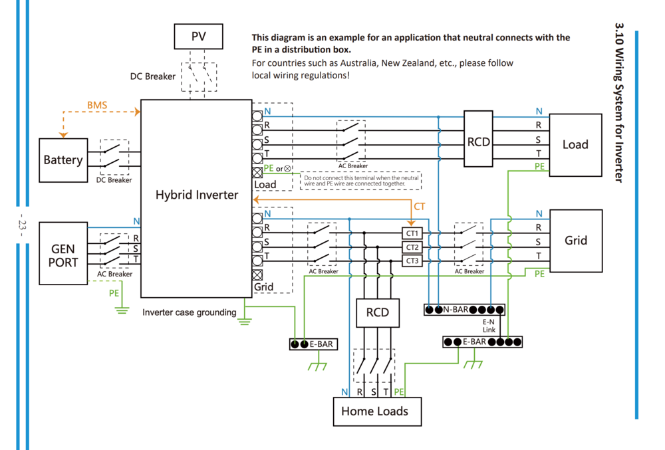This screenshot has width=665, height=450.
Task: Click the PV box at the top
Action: tap(198, 37)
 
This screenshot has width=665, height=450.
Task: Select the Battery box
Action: tap(63, 160)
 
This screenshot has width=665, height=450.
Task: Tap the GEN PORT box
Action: tap(64, 255)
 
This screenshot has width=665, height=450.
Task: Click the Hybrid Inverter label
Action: tap(196, 195)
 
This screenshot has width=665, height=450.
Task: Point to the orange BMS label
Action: tap(97, 105)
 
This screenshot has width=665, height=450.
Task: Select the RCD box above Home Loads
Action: tap(378, 312)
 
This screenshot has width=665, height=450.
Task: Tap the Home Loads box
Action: tap(374, 411)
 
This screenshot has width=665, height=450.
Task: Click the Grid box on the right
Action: tap(575, 240)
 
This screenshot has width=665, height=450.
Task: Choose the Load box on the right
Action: tap(575, 144)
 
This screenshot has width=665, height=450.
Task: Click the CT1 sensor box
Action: tap(412, 233)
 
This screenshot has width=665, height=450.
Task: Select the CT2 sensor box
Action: tap(412, 247)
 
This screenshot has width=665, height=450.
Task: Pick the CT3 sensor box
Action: tap(412, 261)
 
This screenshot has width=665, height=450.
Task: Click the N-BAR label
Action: tap(456, 310)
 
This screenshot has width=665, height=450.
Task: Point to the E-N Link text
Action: tap(489, 326)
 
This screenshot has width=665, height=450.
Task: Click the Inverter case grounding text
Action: tap(189, 312)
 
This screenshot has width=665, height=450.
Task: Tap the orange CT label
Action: tap(420, 207)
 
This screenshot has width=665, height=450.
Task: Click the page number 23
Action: tap(21, 225)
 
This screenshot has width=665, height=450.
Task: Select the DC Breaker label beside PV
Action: tap(153, 76)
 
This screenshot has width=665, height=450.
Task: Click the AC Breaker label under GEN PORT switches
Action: tap(114, 274)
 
